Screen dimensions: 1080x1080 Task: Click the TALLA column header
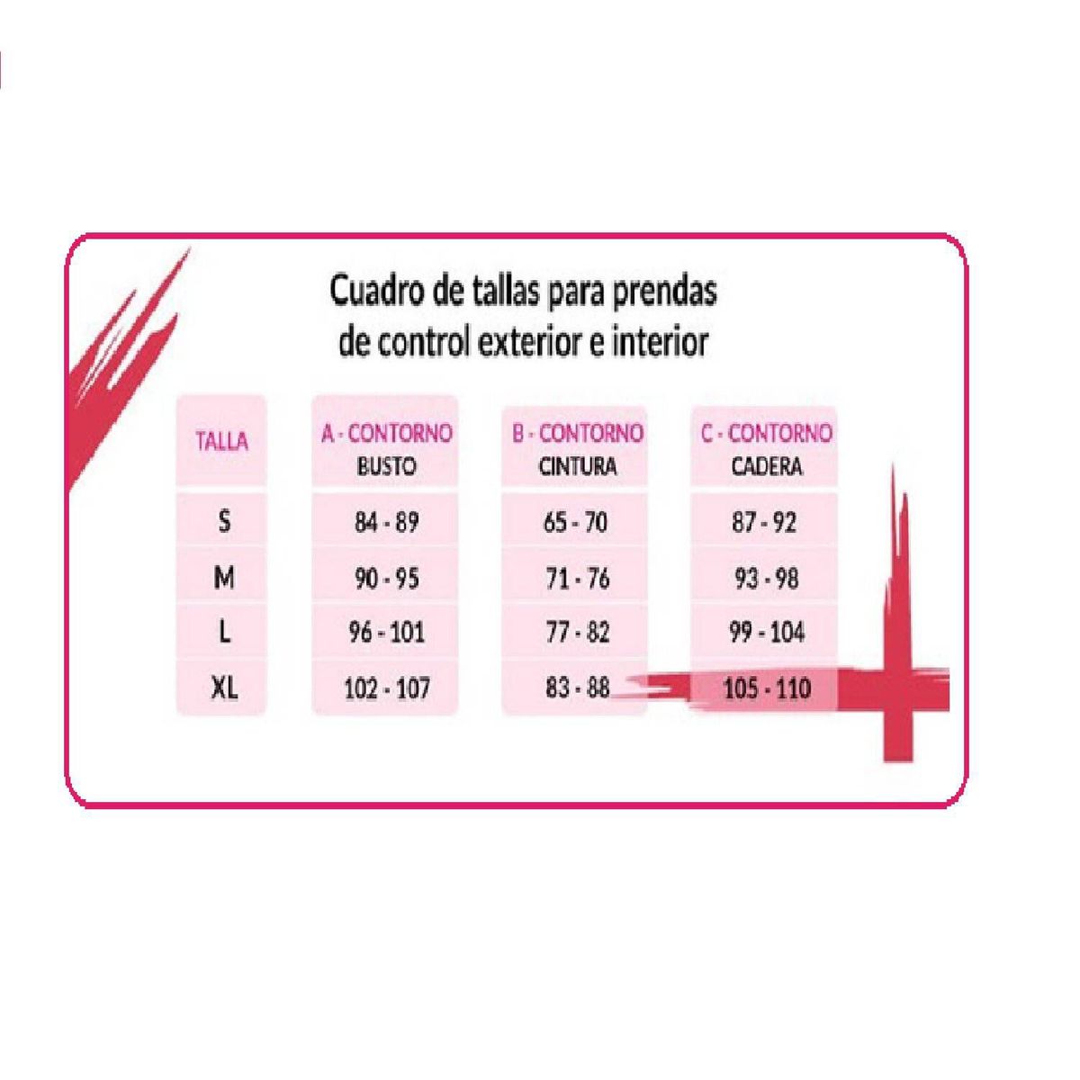pos(222,441)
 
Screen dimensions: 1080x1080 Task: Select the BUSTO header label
pos(386,466)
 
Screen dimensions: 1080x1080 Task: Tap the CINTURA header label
pos(577,466)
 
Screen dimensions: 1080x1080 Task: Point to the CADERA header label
pos(767,466)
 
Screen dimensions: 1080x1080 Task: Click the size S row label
pos(224,522)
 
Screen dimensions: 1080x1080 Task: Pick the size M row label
pos(224,577)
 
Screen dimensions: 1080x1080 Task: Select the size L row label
pos(225,632)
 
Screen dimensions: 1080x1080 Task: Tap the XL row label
pos(225,688)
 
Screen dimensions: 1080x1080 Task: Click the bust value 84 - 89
pos(387,522)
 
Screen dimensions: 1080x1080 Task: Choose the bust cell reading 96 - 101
pos(387,633)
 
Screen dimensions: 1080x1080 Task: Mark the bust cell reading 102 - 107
pos(387,688)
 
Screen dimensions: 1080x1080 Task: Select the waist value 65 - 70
pos(576,522)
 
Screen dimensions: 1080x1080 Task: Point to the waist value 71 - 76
pos(577,578)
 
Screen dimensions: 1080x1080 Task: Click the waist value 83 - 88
pos(577,688)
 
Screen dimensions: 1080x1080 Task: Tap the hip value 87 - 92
pos(764,522)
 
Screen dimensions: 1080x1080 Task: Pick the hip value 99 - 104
pos(767,633)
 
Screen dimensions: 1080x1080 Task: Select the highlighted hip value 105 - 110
pos(768,688)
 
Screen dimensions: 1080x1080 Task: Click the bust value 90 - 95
pos(387,578)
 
